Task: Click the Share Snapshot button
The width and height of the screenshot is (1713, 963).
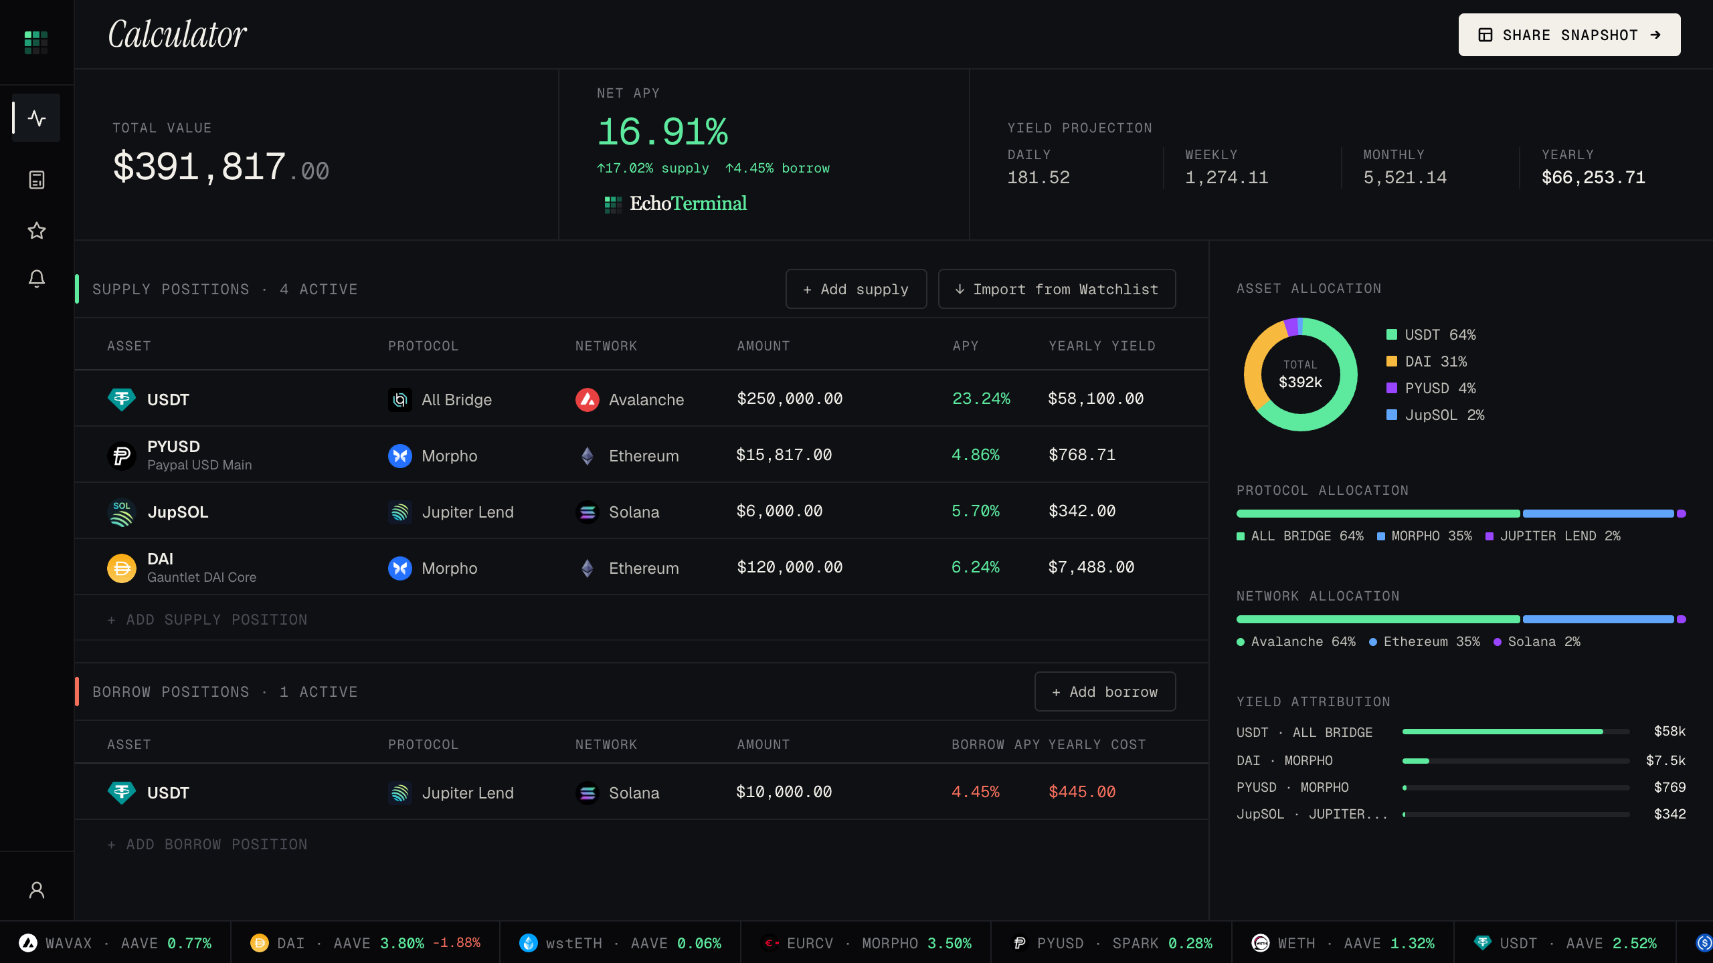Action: (x=1569, y=35)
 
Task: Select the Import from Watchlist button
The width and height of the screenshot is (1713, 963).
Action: (x=1057, y=289)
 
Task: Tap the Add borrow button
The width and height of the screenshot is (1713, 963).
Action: (x=1105, y=691)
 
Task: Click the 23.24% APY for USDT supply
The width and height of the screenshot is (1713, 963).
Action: (x=981, y=399)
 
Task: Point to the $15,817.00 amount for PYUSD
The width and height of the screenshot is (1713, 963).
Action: (x=784, y=455)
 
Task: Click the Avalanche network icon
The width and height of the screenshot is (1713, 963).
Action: (x=588, y=399)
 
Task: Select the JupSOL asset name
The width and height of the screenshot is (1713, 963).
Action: (x=178, y=512)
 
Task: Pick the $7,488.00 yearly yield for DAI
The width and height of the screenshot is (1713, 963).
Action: (x=1091, y=567)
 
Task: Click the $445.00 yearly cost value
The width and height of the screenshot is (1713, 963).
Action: (x=1082, y=792)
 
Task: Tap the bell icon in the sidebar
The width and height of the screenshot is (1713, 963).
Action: (x=37, y=278)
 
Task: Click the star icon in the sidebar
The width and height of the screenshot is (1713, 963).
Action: (x=37, y=231)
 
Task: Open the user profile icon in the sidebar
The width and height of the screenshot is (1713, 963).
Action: (x=37, y=890)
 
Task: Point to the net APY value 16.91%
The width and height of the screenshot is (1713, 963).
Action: (x=662, y=131)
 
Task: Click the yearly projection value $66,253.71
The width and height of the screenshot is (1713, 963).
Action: (x=1593, y=177)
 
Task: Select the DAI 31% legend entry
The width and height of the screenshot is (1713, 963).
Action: (x=1427, y=361)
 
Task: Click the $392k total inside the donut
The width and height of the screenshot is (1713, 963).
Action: (x=1300, y=382)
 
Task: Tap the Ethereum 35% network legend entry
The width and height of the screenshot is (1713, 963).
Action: (x=1425, y=641)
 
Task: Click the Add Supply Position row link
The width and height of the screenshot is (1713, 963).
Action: (x=207, y=619)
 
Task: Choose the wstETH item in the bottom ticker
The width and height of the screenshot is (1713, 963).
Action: (x=620, y=943)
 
